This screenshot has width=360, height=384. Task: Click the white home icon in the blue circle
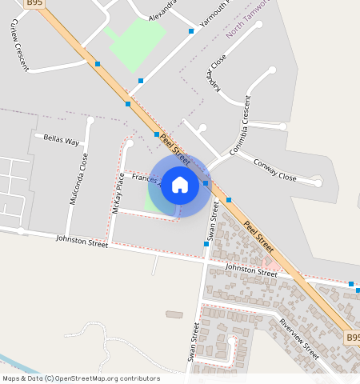tap(180, 185)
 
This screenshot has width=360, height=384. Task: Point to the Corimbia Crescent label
tap(242, 126)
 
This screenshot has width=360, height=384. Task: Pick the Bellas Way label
tap(62, 139)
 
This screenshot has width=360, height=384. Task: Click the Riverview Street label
tap(299, 338)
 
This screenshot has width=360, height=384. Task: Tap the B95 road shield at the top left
tap(34, 3)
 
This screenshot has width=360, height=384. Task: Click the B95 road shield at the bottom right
tap(353, 338)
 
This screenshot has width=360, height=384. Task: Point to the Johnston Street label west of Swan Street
tap(82, 241)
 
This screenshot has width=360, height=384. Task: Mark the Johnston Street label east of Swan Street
tap(250, 270)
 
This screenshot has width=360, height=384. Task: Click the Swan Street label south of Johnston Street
tap(193, 342)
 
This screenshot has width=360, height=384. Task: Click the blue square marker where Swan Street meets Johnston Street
tap(206, 244)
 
